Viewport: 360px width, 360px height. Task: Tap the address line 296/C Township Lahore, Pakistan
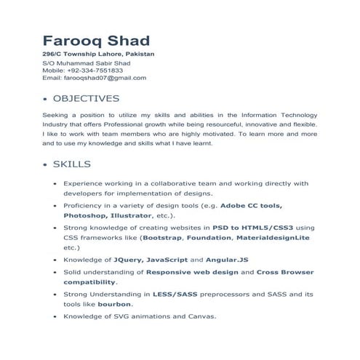tap(98, 55)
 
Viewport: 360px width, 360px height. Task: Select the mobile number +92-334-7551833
tap(101, 70)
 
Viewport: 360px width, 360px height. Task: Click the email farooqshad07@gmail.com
tap(105, 77)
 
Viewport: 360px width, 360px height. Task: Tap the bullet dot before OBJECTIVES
tap(46, 99)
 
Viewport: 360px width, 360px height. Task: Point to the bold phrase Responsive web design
tap(191, 271)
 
